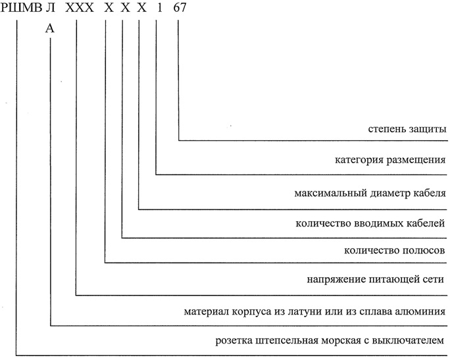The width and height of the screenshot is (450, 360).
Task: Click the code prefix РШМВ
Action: pos(20,8)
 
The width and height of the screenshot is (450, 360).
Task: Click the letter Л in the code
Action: pos(50,8)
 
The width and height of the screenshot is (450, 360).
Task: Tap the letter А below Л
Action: pos(49,28)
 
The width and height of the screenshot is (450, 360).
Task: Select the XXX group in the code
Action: pos(80,8)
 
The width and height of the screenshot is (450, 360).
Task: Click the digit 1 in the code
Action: pos(160,8)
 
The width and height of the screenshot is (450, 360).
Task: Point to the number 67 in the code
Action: pos(180,8)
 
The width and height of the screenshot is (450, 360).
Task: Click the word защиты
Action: pos(427,129)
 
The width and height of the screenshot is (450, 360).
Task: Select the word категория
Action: pos(359,160)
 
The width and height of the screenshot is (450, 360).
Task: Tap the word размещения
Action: pos(416,160)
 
